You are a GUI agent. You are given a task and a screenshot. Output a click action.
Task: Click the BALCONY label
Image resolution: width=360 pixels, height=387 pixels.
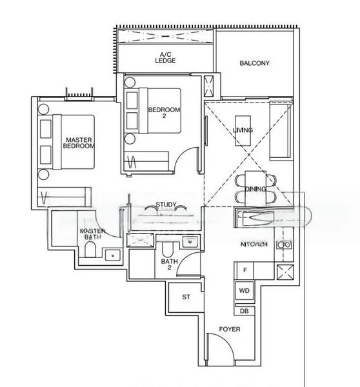(254, 63)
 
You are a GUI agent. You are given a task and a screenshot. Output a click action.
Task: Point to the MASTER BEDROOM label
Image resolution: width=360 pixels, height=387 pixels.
(79, 143)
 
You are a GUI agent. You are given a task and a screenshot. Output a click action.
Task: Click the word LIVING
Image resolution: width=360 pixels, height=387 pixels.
(243, 130)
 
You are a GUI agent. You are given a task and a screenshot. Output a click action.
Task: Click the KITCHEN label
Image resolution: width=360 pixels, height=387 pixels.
(254, 245)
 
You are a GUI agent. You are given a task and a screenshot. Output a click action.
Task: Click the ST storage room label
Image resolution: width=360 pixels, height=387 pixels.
(186, 297)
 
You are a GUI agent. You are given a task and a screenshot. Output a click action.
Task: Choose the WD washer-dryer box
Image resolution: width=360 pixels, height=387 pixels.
(245, 291)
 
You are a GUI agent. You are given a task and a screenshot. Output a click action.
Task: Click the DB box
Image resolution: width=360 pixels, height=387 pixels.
(245, 311)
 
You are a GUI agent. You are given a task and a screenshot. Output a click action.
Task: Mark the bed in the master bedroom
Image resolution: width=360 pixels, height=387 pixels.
(71, 146)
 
